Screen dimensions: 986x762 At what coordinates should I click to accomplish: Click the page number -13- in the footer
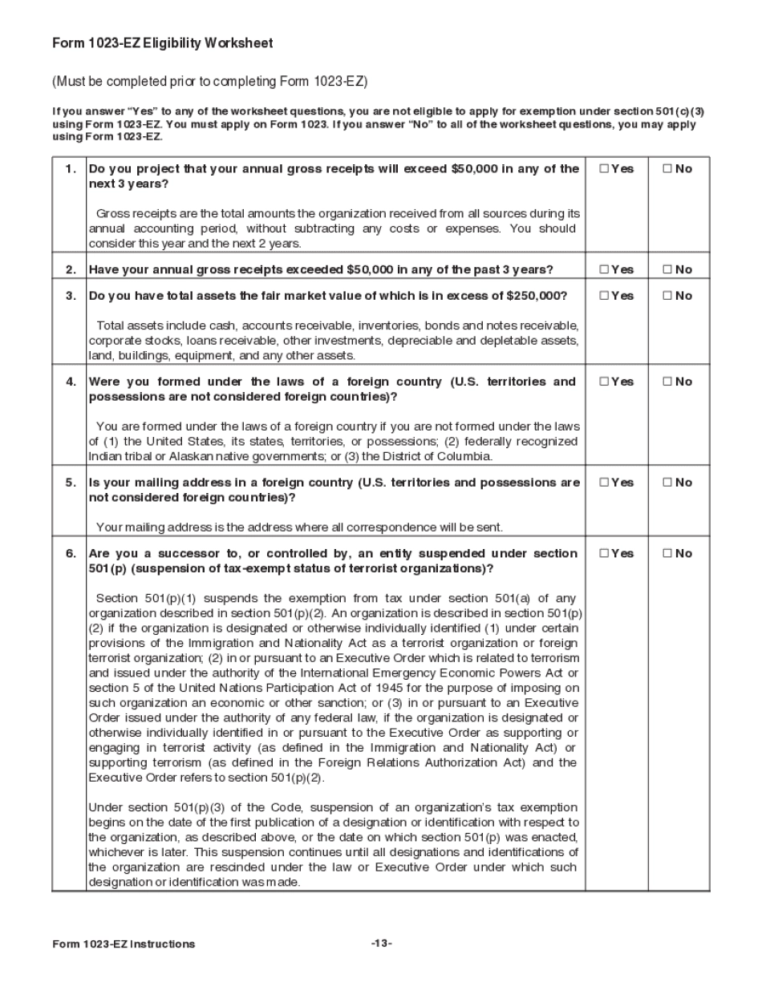(381, 944)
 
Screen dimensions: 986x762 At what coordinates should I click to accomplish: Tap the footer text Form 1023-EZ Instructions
(124, 944)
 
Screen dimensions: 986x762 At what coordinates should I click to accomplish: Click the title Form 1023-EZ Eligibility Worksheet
(163, 44)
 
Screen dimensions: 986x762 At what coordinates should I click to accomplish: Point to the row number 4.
(71, 382)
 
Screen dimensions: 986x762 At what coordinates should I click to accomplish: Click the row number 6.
(71, 553)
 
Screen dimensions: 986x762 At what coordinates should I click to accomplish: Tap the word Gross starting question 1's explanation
(113, 214)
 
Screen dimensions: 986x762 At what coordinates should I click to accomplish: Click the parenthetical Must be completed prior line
(209, 82)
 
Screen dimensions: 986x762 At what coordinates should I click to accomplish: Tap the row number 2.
(71, 269)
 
